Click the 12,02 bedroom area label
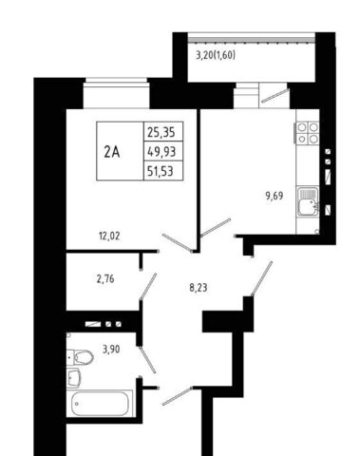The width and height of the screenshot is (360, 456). tap(109, 237)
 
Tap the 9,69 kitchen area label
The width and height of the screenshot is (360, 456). tap(275, 197)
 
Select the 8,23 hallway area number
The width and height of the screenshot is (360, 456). tap(199, 288)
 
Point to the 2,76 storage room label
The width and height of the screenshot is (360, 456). tap(105, 279)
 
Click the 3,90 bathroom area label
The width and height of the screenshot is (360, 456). tap(111, 350)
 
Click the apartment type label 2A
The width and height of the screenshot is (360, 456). tap(112, 153)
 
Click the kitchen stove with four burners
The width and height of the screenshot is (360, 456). tap(308, 132)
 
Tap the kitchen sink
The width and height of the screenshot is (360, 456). tap(308, 201)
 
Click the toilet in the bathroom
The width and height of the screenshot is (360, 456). tap(80, 357)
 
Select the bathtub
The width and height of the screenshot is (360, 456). tap(99, 403)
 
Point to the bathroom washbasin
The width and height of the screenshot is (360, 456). tap(74, 378)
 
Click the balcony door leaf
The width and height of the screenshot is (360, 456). tap(275, 96)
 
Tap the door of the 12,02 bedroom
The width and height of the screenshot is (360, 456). tap(178, 243)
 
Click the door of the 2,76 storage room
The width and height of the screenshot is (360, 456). tap(148, 286)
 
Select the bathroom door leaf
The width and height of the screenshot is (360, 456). tap(147, 360)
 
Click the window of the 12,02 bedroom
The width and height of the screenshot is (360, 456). tap(117, 93)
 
